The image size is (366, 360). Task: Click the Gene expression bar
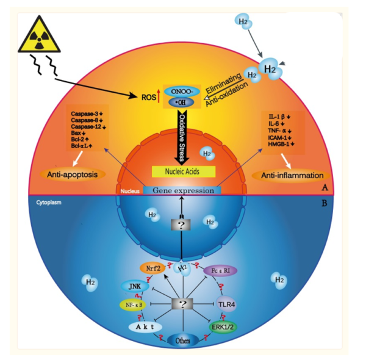tap(182, 190)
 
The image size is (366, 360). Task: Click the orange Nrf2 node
tap(152, 267)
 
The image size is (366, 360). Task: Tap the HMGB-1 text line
tap(280, 144)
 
